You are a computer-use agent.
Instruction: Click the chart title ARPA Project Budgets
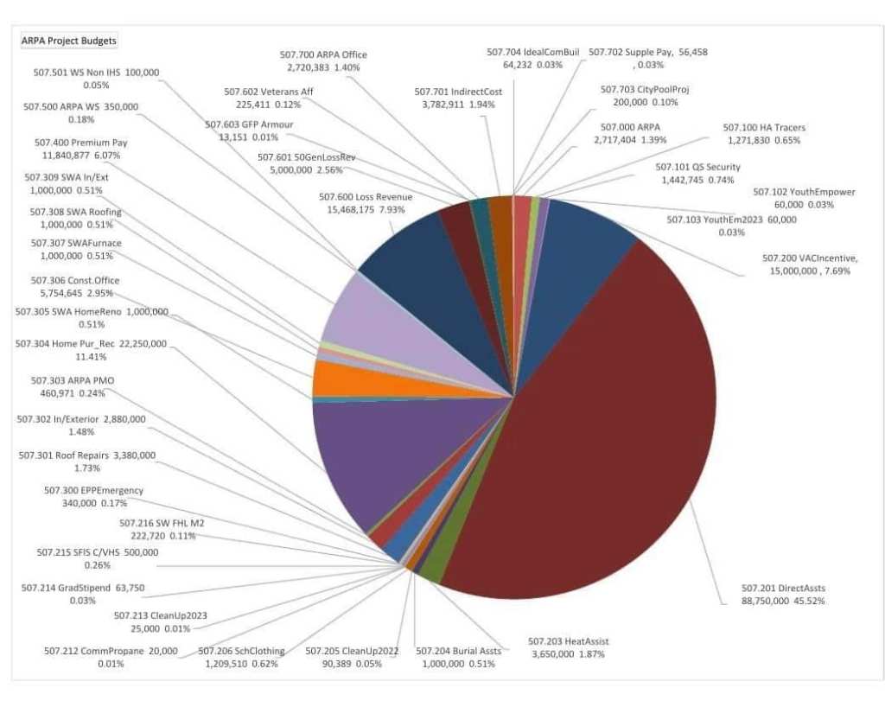(69, 41)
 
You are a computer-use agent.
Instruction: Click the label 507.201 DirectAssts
(783, 594)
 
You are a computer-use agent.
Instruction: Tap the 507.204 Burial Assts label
(458, 657)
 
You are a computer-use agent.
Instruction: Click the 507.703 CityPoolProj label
(644, 95)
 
